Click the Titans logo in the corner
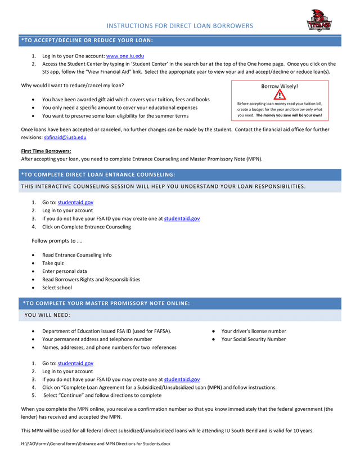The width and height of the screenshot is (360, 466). point(318,21)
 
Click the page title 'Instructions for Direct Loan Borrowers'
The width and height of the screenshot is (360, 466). point(180,26)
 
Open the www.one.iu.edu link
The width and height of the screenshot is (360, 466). point(125,56)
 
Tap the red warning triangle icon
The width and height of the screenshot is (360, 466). point(280,95)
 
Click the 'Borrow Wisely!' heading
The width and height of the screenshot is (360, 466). point(280,86)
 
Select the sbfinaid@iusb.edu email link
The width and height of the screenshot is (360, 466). point(65,137)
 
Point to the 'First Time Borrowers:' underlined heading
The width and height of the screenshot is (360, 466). point(46,151)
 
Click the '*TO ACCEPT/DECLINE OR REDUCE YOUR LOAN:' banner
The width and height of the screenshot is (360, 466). point(87,41)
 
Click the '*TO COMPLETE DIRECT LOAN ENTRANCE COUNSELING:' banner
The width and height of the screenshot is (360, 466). point(98,174)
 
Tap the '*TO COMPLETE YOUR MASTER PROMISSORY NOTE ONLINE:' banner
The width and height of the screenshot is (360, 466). point(107,303)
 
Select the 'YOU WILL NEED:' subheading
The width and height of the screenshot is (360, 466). point(48,315)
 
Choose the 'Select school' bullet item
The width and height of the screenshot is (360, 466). point(57,288)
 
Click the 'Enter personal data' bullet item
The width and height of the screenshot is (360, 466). point(65,271)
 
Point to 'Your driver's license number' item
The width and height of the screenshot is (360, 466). point(254,331)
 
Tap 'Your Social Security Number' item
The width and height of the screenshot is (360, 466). point(253,339)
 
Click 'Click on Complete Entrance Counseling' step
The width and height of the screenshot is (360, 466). point(87,227)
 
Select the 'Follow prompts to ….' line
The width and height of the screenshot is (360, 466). point(57,241)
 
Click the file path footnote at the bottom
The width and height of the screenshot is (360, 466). point(96,444)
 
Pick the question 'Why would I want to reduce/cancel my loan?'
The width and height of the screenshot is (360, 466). point(73,86)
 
